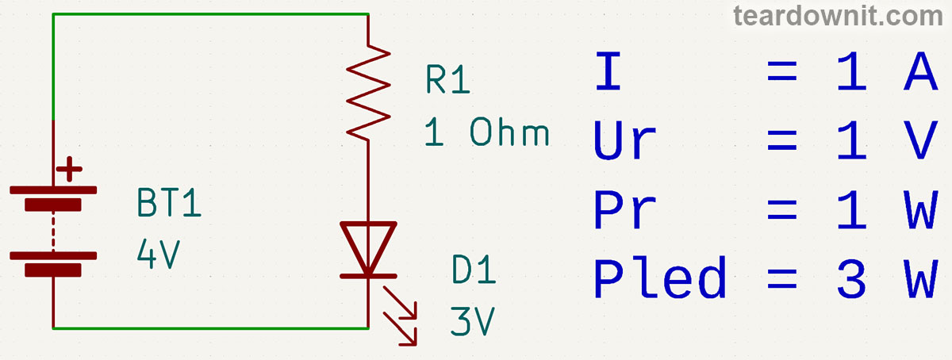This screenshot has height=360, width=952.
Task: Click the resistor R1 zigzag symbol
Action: tap(369, 94)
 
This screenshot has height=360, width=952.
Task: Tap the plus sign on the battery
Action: tap(70, 169)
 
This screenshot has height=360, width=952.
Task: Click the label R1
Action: tap(448, 81)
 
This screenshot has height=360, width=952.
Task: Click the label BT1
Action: tap(170, 205)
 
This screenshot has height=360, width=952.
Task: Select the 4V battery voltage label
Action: tap(159, 255)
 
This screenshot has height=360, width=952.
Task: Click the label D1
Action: tap(474, 271)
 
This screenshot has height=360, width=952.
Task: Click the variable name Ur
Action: tap(625, 140)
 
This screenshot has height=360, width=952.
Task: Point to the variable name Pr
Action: tap(624, 210)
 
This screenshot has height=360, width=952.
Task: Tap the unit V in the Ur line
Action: tap(920, 140)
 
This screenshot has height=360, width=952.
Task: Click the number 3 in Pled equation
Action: tap(850, 279)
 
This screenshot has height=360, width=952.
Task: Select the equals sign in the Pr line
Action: tap(781, 210)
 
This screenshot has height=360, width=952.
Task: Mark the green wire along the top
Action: tap(210, 13)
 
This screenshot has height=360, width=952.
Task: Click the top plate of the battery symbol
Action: tap(53, 191)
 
